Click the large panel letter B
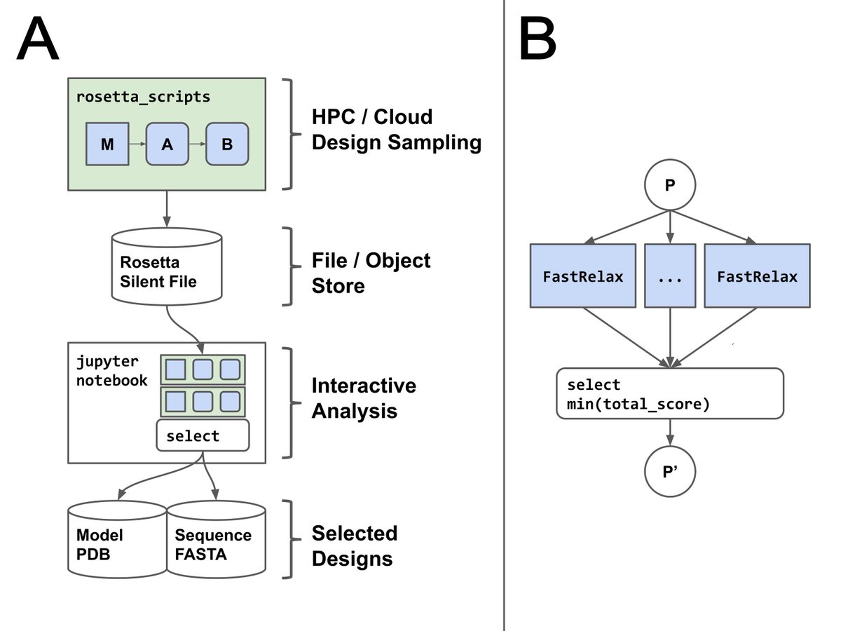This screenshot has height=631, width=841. pos(538,40)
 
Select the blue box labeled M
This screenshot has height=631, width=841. pos(107,144)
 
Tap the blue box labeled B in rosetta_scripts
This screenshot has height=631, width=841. pos(227,144)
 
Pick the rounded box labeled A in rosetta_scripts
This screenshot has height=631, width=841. pos(167,144)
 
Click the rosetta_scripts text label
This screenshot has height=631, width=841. pos(143,97)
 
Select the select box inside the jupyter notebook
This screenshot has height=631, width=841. pos(203,435)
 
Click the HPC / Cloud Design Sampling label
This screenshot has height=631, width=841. pos(397,130)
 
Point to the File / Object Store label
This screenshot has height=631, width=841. pos(371,273)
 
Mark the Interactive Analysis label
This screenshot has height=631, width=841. pos(364,398)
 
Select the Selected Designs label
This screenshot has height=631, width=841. pos(355,545)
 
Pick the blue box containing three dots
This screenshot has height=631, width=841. pos(671,276)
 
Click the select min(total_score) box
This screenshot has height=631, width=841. pos(669,393)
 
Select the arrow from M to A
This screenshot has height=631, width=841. pos(137,144)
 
